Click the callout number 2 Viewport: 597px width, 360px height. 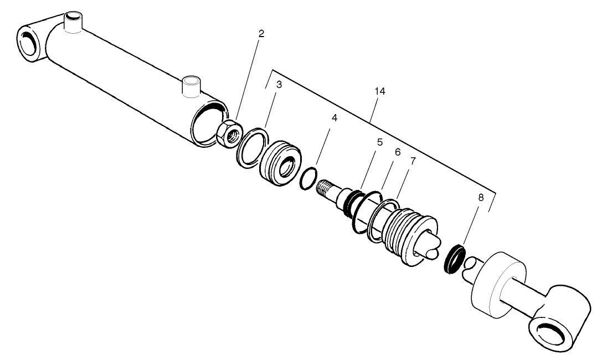(x=261, y=33)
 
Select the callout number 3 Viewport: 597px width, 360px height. (x=279, y=85)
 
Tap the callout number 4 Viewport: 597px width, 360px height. (x=334, y=118)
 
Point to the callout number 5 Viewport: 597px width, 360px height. (x=379, y=142)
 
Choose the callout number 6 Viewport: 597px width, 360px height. (x=397, y=152)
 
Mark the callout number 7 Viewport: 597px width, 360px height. (x=413, y=161)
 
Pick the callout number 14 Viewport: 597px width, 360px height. (x=379, y=92)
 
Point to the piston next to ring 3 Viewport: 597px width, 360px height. (x=281, y=162)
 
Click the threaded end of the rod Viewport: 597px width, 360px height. (x=327, y=189)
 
